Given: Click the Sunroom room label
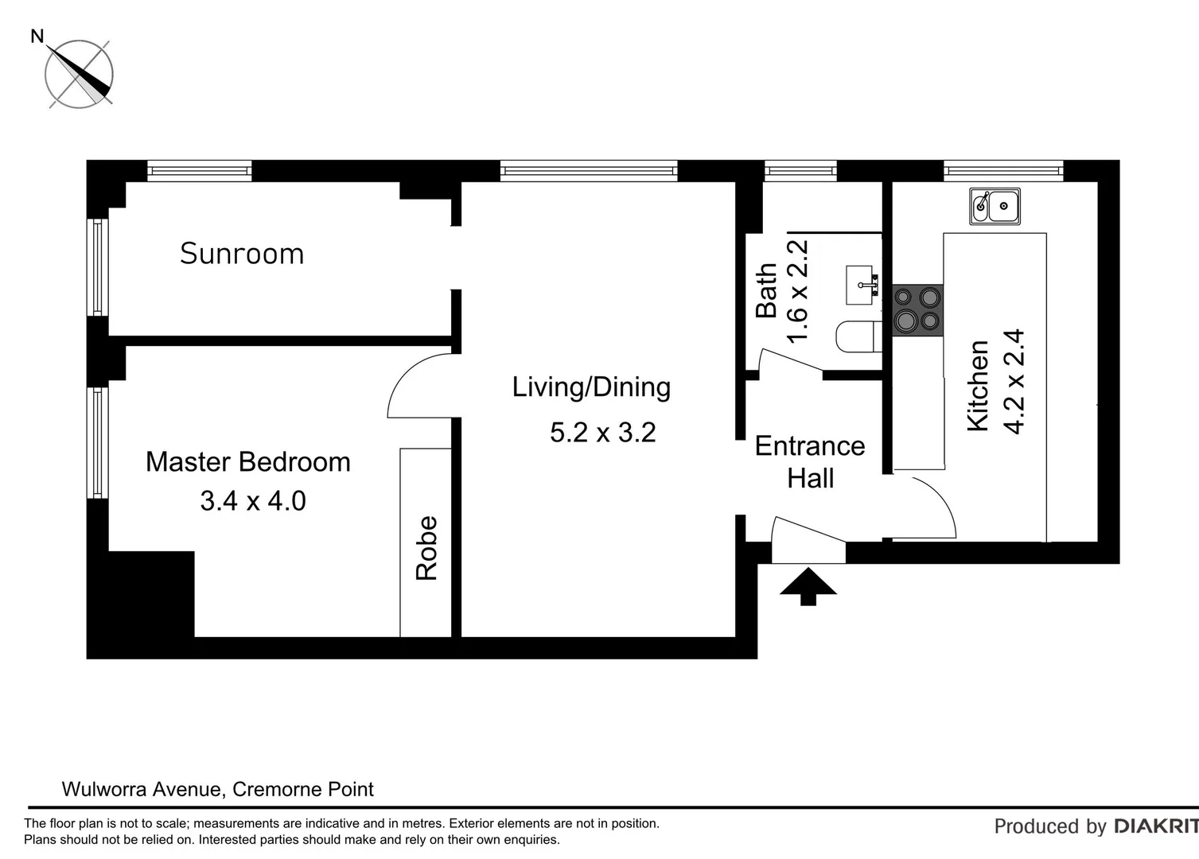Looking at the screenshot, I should (242, 254).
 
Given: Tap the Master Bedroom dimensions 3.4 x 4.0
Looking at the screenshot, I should (253, 501).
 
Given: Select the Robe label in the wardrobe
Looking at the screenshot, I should (426, 548).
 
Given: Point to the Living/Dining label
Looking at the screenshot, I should (591, 387).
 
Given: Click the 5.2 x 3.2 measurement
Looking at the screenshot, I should (603, 433).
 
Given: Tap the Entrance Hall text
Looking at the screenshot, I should (810, 462).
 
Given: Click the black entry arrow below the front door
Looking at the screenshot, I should (808, 586).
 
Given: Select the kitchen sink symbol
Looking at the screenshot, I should (995, 207).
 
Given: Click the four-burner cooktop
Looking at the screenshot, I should (917, 309).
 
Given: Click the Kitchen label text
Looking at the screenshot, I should (978, 386).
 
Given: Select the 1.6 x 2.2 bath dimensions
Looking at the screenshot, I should (797, 291).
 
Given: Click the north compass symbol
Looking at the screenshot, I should (79, 74).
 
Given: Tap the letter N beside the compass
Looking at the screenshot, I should (37, 36).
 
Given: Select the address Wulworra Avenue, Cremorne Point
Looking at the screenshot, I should (218, 789).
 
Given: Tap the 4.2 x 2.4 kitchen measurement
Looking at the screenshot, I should (1015, 382).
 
